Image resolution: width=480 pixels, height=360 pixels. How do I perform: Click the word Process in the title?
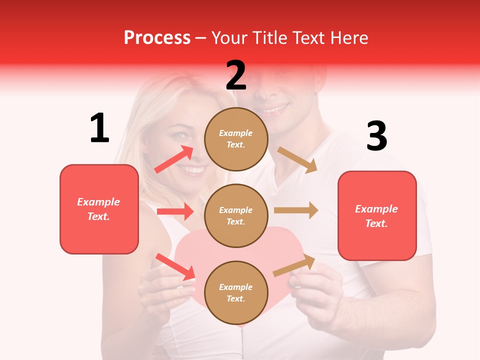click(157, 37)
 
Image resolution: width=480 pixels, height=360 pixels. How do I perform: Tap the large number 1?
click(99, 128)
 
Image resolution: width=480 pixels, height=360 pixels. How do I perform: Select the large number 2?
click(236, 75)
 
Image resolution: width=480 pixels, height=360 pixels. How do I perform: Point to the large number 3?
click(376, 136)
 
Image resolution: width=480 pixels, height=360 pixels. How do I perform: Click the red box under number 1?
click(99, 209)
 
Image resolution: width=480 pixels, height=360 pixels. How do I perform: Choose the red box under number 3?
click(377, 215)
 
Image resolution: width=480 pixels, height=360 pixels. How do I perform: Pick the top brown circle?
click(236, 139)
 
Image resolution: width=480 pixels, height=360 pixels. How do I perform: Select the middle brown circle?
click(236, 215)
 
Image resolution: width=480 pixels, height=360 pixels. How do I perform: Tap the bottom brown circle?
click(236, 292)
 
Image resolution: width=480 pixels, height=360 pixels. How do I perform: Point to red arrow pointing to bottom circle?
click(175, 266)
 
